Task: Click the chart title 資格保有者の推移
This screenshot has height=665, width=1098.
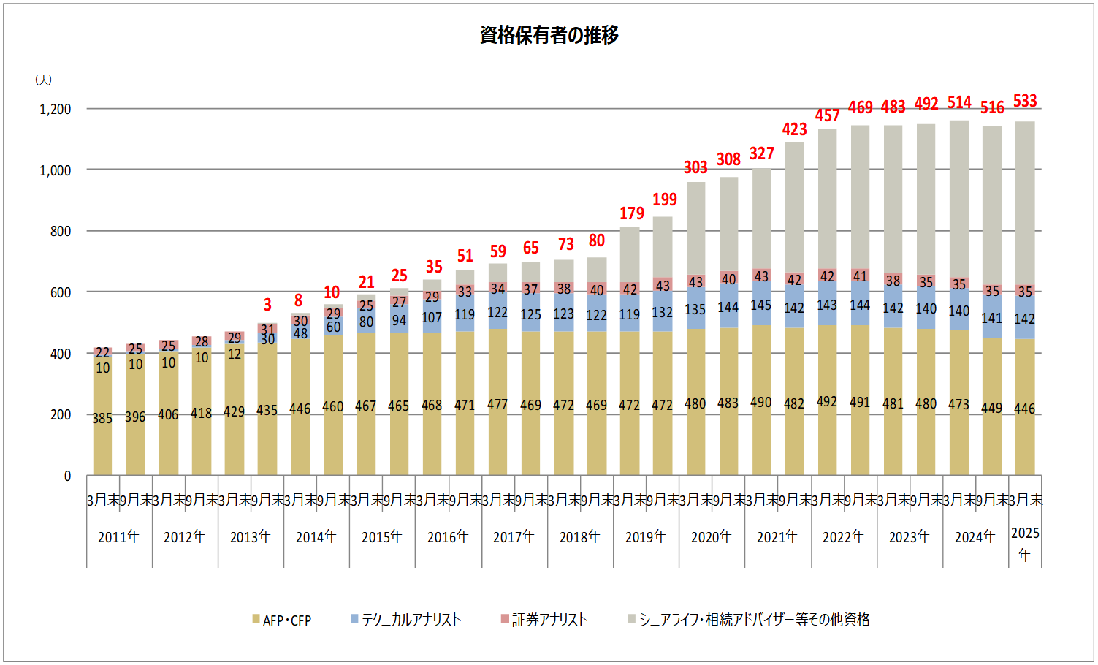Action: tap(549, 35)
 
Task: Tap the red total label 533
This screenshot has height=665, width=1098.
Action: tap(1024, 101)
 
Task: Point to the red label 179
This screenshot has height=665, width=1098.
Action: tap(632, 213)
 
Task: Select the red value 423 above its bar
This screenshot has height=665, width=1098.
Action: tap(794, 129)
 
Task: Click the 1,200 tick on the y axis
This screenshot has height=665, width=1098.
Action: tap(56, 110)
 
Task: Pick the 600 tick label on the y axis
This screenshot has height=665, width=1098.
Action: tap(61, 292)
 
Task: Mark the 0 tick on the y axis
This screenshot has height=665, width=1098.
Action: tap(67, 476)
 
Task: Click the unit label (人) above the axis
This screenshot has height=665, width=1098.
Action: tap(43, 80)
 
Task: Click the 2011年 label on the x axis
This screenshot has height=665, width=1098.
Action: tap(119, 537)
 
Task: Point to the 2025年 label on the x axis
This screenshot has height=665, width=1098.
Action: tap(1025, 544)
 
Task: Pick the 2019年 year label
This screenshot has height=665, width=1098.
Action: tap(646, 537)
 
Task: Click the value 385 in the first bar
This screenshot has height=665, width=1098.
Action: tap(102, 419)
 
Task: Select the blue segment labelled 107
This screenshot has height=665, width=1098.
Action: tap(432, 318)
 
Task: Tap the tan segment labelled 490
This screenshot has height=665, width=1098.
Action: tap(761, 403)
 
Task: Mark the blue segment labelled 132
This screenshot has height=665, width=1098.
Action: tap(663, 313)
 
